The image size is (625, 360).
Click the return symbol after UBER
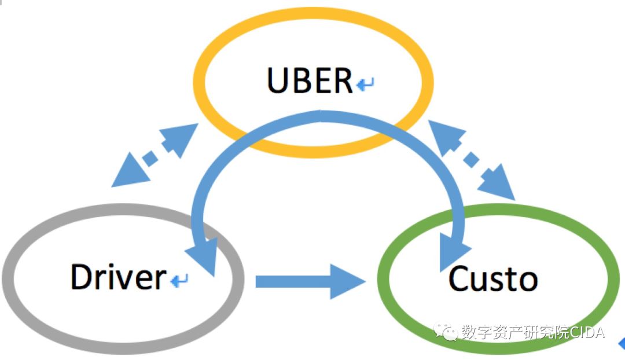pos(365,86)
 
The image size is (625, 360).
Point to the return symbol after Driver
pos(179,281)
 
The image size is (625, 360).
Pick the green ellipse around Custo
pos(608,278)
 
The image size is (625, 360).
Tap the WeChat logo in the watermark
pos(447,332)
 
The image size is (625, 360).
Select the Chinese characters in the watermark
pos(515,333)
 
